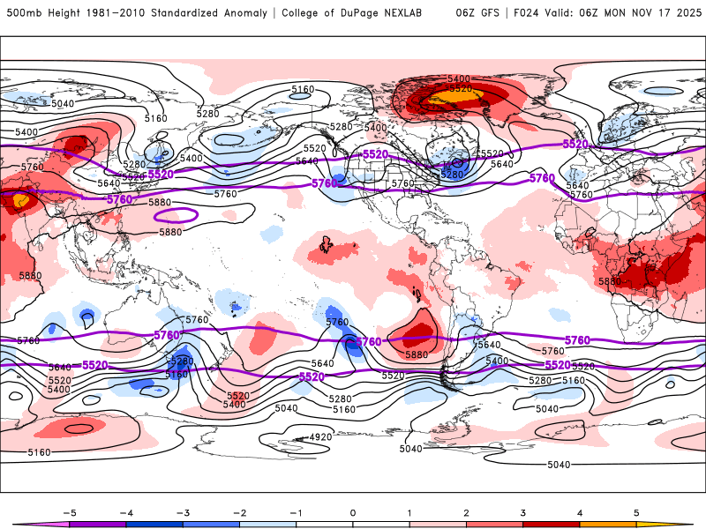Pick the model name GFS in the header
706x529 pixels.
click(x=486, y=13)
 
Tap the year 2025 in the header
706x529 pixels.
click(x=685, y=13)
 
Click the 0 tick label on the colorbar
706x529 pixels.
click(x=352, y=511)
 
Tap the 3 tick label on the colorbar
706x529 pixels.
click(x=523, y=511)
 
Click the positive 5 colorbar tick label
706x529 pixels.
click(x=636, y=511)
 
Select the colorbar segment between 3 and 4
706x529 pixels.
click(x=552, y=525)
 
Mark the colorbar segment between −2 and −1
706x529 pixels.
click(x=267, y=525)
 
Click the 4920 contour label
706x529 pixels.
click(x=319, y=437)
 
